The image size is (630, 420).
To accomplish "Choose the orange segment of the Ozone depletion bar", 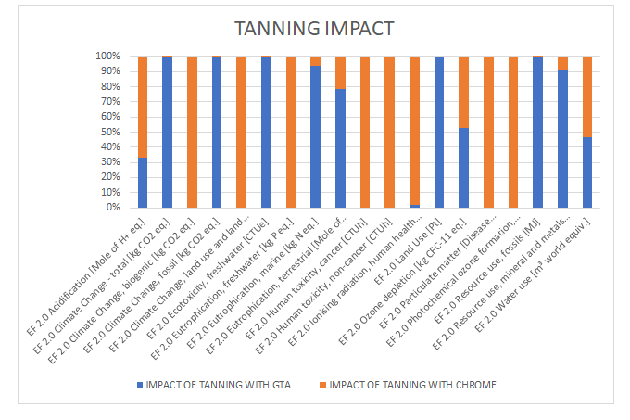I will point(464,92).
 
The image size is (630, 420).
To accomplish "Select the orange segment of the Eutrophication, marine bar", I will point(316,61).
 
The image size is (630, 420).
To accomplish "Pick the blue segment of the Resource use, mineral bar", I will point(563,138).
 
